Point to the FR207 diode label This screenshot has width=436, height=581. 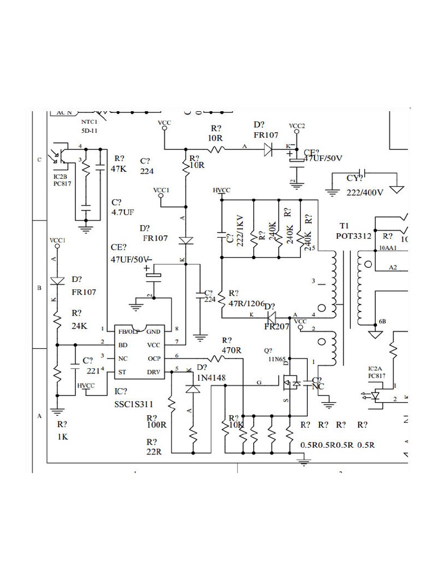click(277, 327)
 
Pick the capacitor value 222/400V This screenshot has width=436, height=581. click(365, 192)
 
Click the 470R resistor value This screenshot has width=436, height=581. click(232, 350)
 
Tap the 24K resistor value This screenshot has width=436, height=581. click(79, 326)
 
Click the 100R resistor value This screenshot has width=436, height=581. click(156, 424)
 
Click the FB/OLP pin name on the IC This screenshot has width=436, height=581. click(129, 331)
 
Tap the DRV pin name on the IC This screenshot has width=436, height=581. click(154, 372)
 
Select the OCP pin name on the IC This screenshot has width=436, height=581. click(154, 358)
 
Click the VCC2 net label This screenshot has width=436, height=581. click(297, 125)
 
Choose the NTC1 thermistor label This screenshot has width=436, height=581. click(89, 121)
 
